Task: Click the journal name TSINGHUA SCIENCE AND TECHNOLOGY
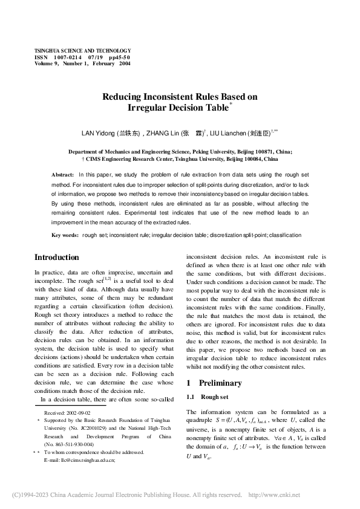[82, 51]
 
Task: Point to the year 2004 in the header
[125, 63]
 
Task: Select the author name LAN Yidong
[98, 132]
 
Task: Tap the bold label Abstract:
[63, 174]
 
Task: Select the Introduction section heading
[57, 258]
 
